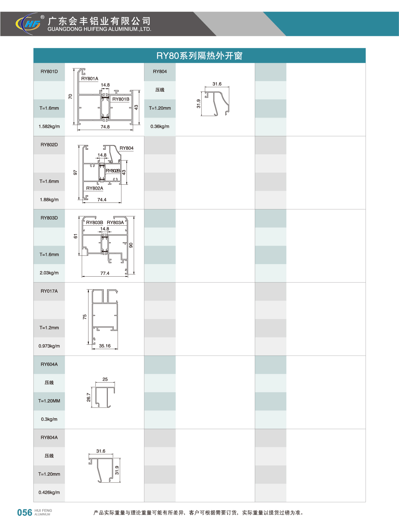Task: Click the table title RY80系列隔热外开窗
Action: tap(199, 56)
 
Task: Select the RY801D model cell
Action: tap(49, 72)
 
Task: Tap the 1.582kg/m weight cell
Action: tap(49, 127)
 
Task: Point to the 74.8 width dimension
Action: tap(105, 127)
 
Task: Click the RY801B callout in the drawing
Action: tap(121, 99)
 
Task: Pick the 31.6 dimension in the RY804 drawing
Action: tap(217, 84)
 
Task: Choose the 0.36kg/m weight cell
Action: tap(160, 127)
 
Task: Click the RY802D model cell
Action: tap(49, 145)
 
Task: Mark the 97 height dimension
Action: tap(75, 173)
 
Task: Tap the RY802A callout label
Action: tap(95, 188)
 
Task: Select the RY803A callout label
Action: tap(115, 223)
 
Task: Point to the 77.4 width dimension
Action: tap(105, 273)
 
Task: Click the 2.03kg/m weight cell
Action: tap(49, 273)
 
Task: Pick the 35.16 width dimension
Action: tap(105, 346)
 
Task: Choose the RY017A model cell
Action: tap(49, 291)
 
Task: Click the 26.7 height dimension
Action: tap(88, 397)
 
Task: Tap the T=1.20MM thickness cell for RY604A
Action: tap(49, 401)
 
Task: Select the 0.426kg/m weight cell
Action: tap(49, 493)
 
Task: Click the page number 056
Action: tap(25, 513)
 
